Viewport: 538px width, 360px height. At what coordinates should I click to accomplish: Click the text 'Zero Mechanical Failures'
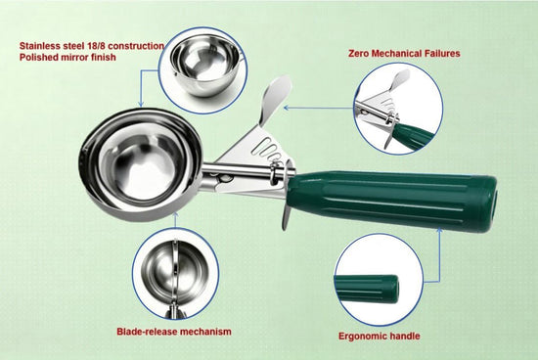point(404,54)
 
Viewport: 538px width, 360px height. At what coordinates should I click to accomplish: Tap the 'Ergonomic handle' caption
point(380,336)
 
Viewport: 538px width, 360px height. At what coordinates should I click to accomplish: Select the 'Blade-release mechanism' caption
point(174,332)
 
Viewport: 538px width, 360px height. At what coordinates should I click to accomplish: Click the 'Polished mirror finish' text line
point(67,57)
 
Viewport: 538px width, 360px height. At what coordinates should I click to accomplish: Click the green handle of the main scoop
point(391,201)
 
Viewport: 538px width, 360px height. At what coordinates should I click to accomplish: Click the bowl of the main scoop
point(140,164)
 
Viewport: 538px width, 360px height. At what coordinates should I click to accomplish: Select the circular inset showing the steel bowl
point(203,70)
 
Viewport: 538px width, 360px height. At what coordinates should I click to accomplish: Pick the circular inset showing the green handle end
point(379,280)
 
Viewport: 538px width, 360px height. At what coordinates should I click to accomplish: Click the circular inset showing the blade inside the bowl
point(176,274)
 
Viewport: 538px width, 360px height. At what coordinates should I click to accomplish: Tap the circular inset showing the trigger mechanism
point(398,109)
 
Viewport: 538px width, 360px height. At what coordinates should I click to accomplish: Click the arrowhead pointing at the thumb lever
point(287,108)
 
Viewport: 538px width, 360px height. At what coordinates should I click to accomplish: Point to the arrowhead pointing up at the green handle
point(439,230)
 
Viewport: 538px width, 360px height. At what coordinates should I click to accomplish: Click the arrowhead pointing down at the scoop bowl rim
point(140,104)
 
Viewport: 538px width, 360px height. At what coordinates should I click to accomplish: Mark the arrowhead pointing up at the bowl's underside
point(175,215)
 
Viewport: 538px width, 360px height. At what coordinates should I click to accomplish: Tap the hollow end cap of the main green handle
point(491,205)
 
